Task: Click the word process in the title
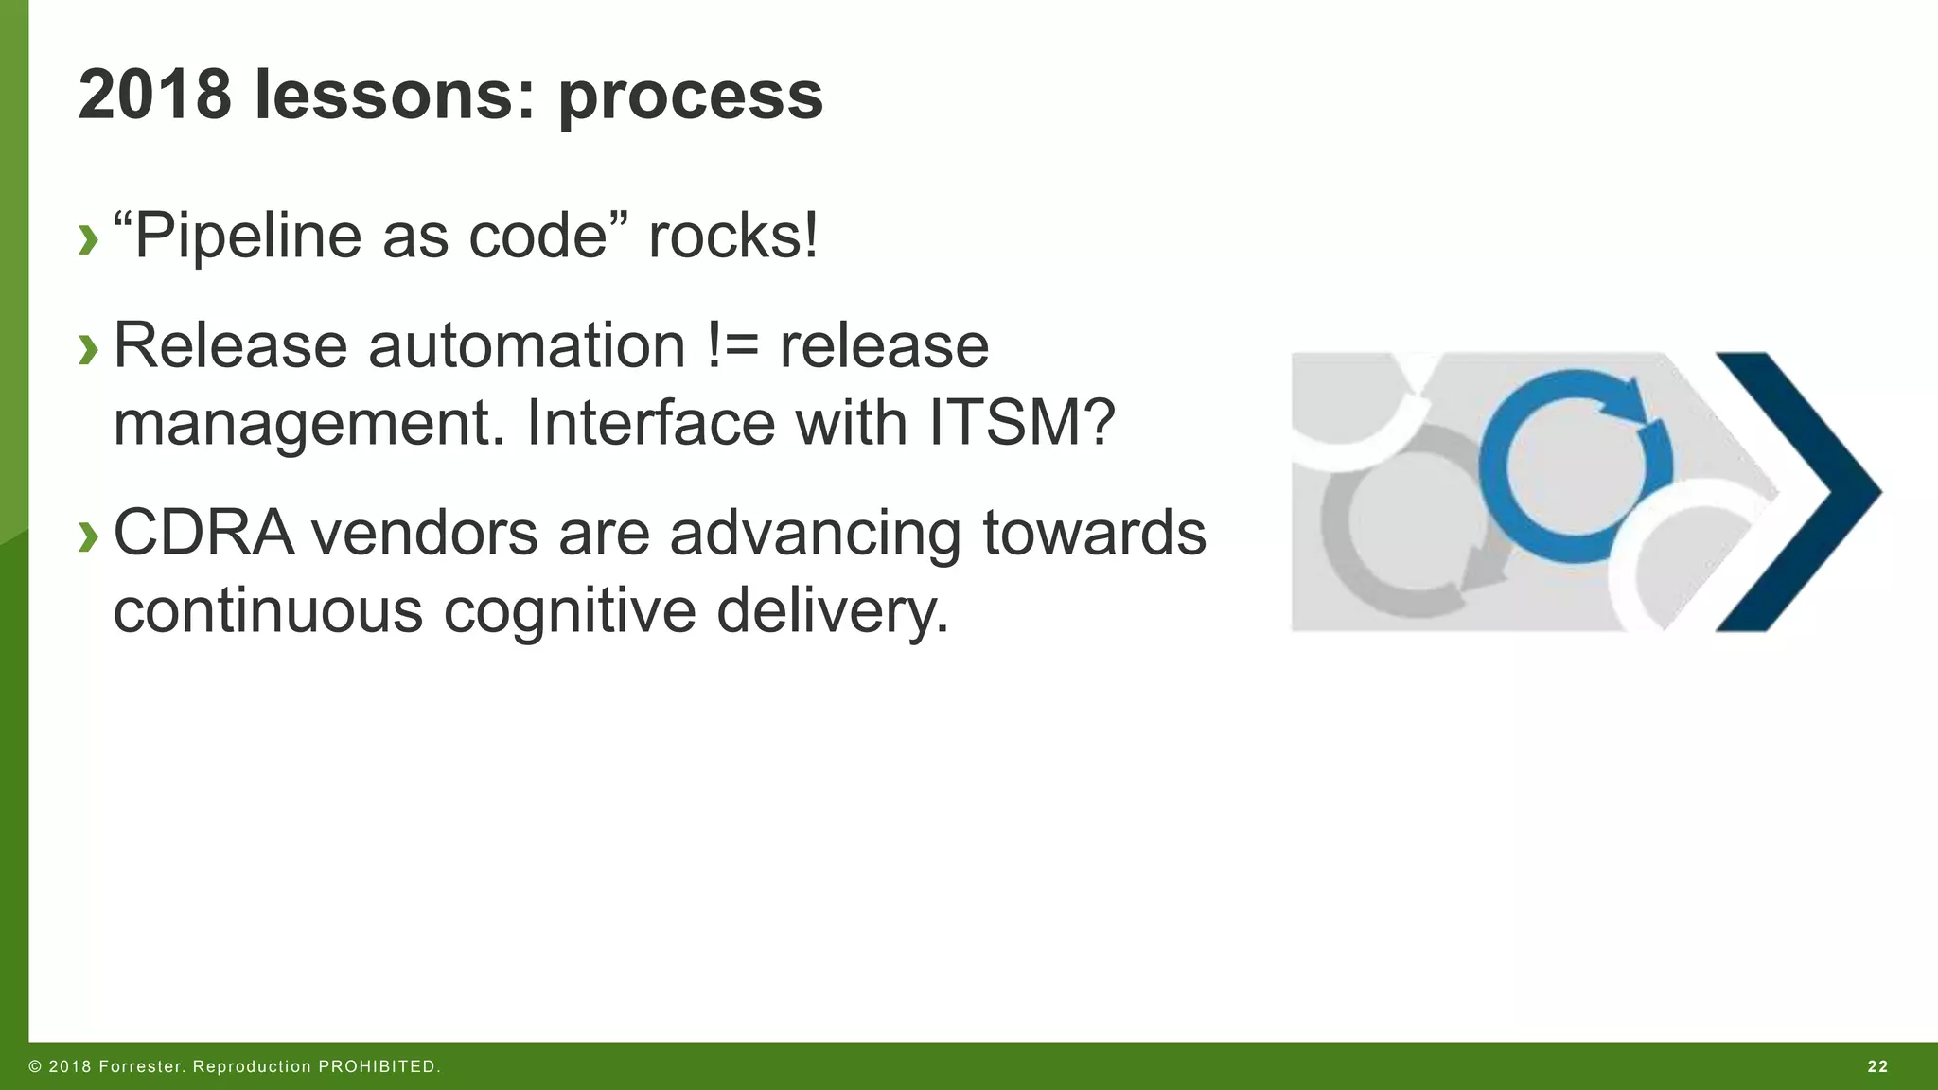tap(690, 97)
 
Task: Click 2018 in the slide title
tap(154, 95)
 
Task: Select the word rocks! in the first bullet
tap(733, 236)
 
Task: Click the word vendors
tap(423, 533)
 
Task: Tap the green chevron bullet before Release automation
tap(88, 349)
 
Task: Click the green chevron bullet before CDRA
tap(88, 536)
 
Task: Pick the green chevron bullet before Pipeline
tap(88, 239)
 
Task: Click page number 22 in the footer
tap(1878, 1066)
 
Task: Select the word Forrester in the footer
tap(139, 1066)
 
